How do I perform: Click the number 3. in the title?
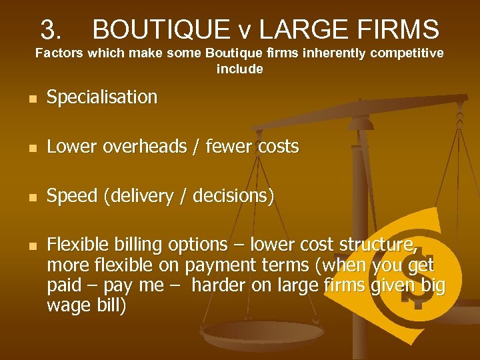[x=51, y=29]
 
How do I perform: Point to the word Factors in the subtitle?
[x=57, y=53]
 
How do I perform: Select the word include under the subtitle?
[x=239, y=69]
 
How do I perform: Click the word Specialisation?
[x=102, y=97]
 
